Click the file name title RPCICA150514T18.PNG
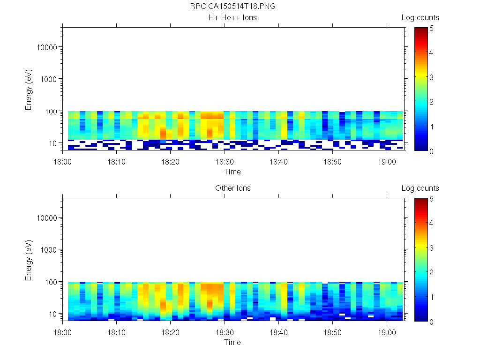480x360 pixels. [232, 7]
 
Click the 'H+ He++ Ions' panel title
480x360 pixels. [232, 18]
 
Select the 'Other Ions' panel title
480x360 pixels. [232, 188]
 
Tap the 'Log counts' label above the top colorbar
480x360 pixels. [420, 18]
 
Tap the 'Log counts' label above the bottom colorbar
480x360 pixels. [420, 188]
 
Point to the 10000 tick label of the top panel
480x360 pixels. [47, 47]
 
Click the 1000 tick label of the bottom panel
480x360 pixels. [49, 250]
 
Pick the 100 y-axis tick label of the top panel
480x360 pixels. [51, 111]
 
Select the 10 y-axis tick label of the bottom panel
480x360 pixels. [53, 314]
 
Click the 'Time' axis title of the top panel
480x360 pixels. [232, 172]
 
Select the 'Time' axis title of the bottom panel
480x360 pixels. [232, 342]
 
